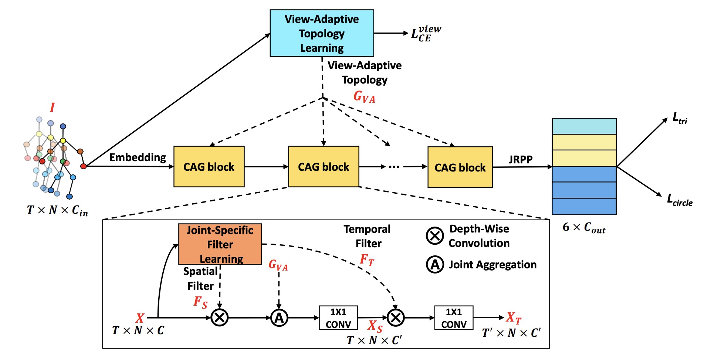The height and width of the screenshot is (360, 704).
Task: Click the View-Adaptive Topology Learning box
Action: coord(322,33)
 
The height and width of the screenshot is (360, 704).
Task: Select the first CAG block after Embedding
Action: coord(209,167)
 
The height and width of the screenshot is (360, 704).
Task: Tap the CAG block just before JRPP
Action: coord(460,167)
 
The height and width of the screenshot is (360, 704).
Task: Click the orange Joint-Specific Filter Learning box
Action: coord(220,244)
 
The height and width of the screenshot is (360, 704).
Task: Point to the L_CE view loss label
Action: coord(425,34)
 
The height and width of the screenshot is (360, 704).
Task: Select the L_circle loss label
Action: coord(680,200)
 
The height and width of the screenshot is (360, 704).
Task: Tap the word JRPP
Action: coord(520,160)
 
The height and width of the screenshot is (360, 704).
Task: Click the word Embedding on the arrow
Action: coord(138,157)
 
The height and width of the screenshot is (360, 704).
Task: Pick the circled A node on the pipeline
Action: coord(279,317)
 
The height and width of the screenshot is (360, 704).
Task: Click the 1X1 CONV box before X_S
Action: coord(338,318)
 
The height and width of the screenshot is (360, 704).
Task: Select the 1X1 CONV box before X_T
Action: coord(454,318)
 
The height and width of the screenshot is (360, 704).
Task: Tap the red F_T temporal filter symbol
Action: coord(367,260)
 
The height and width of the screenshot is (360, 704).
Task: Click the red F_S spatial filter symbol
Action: coord(200,302)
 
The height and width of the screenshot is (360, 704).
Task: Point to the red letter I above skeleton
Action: coord(52,108)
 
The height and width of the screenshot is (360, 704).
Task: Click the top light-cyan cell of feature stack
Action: coord(584,126)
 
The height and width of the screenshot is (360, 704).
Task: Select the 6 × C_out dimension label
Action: coord(584,227)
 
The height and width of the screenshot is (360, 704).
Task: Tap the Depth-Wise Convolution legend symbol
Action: coord(435,236)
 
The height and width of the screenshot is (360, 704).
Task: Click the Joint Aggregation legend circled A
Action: coord(435,265)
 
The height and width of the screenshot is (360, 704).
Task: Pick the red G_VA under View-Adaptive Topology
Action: coord(364,97)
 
